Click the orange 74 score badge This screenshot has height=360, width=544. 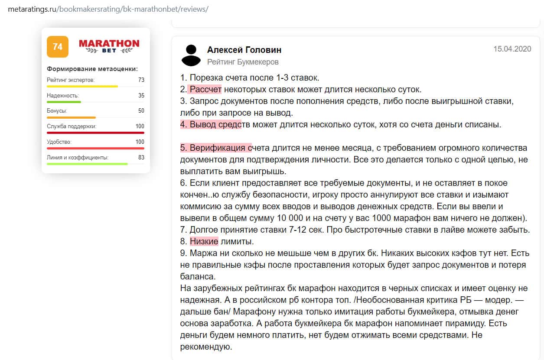click(x=58, y=47)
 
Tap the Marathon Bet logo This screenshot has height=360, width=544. click(x=109, y=46)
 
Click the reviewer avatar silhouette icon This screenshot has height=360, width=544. click(x=191, y=55)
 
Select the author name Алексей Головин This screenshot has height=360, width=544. click(x=244, y=50)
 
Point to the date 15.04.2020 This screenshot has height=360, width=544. click(x=512, y=49)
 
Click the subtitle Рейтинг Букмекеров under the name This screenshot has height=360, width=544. click(x=243, y=62)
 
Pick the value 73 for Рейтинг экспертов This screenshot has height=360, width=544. click(x=141, y=80)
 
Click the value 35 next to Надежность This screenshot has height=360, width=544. click(x=141, y=95)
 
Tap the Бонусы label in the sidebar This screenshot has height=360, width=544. click(x=57, y=111)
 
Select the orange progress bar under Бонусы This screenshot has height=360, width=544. click(x=71, y=117)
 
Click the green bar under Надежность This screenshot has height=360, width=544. click(x=64, y=102)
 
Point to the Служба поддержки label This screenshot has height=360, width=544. click(x=72, y=126)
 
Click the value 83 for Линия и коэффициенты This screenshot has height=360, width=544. click(x=141, y=157)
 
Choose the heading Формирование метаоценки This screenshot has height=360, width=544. click(x=92, y=69)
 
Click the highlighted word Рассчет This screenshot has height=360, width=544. click(x=205, y=90)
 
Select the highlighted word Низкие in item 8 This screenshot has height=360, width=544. click(x=204, y=241)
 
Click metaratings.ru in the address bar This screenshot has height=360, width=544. click(x=32, y=9)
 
